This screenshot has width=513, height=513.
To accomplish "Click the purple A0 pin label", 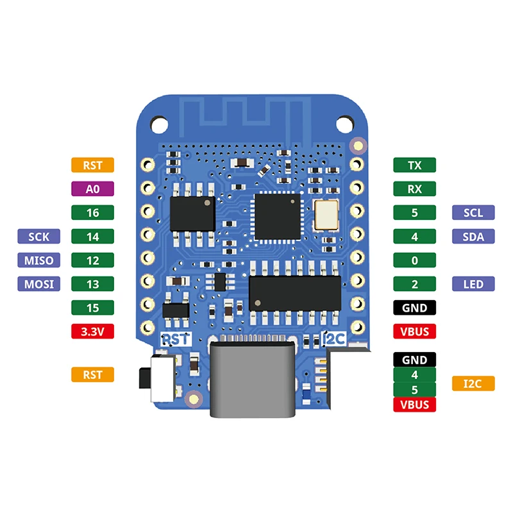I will [x=92, y=189].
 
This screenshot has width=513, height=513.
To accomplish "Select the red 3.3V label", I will [x=92, y=332].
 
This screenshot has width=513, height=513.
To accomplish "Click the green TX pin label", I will [x=414, y=165].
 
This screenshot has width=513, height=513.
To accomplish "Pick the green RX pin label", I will [x=414, y=189].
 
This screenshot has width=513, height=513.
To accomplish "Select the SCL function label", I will [x=473, y=212].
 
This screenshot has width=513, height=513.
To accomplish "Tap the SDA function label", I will [x=473, y=237].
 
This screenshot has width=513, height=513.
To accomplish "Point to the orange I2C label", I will [x=473, y=383].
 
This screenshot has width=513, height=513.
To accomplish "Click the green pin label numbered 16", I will [x=92, y=212].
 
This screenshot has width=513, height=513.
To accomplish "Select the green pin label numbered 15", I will [x=92, y=308].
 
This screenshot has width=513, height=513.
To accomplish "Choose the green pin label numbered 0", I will [x=414, y=260].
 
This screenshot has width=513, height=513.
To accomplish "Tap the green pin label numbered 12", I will [x=92, y=260].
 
